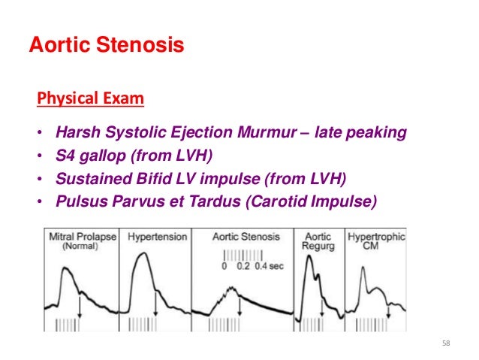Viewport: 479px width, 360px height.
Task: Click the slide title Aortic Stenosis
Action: (x=106, y=45)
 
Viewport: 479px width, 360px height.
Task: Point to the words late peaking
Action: (x=361, y=133)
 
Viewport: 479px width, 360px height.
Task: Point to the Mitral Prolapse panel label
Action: (x=83, y=241)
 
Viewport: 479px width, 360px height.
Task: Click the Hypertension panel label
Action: (x=158, y=237)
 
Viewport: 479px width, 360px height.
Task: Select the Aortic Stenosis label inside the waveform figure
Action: (x=247, y=237)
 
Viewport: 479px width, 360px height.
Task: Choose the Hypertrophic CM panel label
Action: (x=376, y=241)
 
